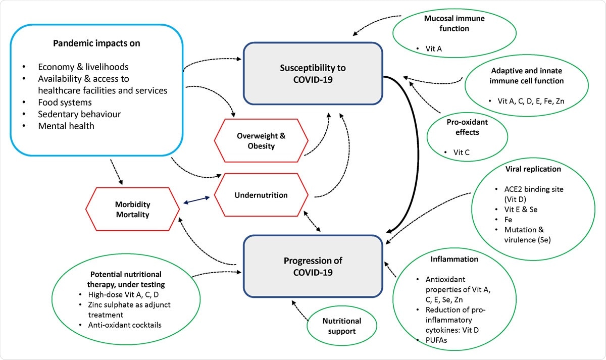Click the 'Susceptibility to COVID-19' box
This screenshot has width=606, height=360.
(x=313, y=73)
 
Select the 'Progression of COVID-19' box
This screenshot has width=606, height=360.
(x=313, y=267)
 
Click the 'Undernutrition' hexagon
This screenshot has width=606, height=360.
(x=261, y=195)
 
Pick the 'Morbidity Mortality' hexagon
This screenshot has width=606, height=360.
(x=132, y=209)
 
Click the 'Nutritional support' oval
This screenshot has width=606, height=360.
(x=342, y=326)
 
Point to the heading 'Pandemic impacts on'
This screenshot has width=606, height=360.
(x=96, y=43)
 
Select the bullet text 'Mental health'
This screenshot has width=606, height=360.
(x=66, y=126)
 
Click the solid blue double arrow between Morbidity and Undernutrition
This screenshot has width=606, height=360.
(x=196, y=200)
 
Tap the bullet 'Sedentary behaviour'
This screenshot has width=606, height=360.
(x=80, y=114)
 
